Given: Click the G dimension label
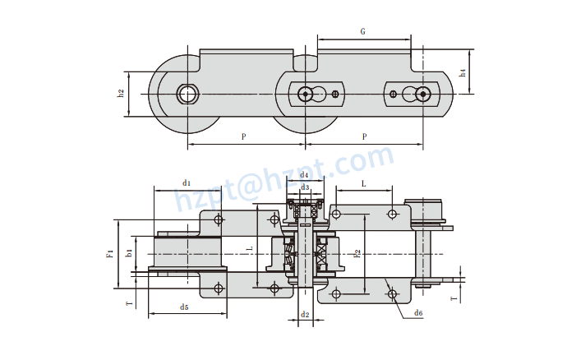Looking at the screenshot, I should click(x=362, y=31).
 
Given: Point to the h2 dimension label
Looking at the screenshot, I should click(x=121, y=93).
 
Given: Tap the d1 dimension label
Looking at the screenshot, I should click(x=187, y=182).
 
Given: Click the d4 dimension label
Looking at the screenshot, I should click(x=304, y=174).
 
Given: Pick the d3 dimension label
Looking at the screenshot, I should click(x=306, y=187).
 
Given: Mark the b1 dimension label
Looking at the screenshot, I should click(x=129, y=254).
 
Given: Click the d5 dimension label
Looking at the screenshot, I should click(x=184, y=307).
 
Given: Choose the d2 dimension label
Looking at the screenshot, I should click(x=305, y=314).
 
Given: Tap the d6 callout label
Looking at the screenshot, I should click(x=418, y=312).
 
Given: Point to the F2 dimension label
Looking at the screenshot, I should click(x=356, y=254).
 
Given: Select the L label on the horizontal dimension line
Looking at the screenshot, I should click(x=363, y=184).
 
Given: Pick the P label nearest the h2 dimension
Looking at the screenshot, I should click(x=244, y=136).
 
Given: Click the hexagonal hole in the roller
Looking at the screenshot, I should click(x=189, y=94).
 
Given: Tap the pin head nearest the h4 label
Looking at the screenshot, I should click(x=423, y=95).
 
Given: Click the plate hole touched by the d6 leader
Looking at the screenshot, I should click(x=393, y=293).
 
